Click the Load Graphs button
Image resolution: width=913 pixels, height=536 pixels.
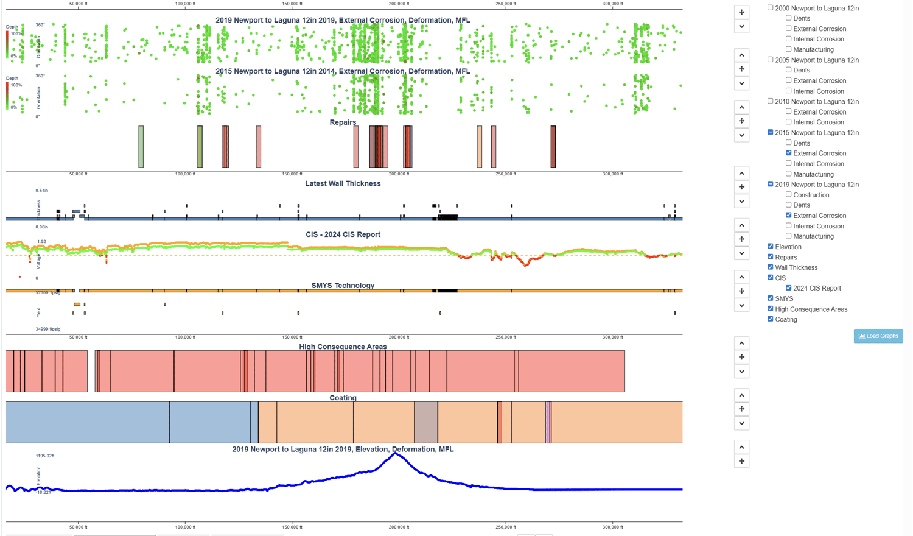tap(878, 336)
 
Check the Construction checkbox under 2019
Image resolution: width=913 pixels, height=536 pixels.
tap(788, 195)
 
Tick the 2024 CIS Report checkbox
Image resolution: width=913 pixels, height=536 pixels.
tap(788, 288)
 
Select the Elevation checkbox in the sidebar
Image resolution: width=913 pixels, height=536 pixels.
tap(771, 247)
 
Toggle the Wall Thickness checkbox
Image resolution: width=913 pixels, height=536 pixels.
tap(771, 267)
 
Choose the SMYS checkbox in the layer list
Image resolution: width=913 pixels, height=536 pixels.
tap(771, 298)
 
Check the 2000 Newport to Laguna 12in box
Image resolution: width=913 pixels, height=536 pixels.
tap(771, 8)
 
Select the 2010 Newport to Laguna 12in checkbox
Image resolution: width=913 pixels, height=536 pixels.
tap(771, 101)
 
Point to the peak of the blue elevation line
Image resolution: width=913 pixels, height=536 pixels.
tap(396, 453)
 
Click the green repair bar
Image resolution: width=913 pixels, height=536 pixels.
tap(141, 147)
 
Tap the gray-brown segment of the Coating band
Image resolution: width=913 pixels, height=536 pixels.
tap(426, 422)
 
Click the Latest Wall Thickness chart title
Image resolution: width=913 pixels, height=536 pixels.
tap(343, 183)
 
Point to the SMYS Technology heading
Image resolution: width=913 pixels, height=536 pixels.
tap(343, 286)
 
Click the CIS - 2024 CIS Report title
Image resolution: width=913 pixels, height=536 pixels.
tap(343, 234)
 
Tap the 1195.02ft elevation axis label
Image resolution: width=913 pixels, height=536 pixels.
tap(45, 456)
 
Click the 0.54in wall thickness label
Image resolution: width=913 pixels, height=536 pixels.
tap(42, 191)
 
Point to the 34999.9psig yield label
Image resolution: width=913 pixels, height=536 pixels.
tap(48, 329)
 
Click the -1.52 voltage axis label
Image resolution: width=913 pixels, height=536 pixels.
tap(41, 242)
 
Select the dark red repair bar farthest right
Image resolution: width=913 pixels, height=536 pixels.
tap(553, 147)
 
